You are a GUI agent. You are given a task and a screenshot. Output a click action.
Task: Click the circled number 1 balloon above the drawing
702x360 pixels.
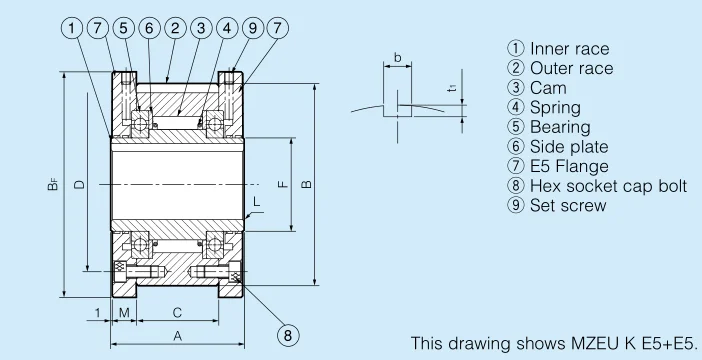[x=72, y=28]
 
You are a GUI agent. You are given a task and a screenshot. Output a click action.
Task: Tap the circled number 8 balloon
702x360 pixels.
[x=288, y=335]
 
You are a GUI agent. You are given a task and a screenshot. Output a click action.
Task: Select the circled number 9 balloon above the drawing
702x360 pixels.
[x=253, y=28]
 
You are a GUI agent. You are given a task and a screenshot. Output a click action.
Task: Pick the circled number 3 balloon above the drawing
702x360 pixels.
[x=201, y=28]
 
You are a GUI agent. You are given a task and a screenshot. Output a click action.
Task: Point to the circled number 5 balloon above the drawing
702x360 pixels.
[x=124, y=28]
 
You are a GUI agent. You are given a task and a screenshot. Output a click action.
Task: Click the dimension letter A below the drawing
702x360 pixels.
[x=178, y=336]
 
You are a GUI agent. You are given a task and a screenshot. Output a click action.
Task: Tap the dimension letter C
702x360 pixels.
[x=177, y=313]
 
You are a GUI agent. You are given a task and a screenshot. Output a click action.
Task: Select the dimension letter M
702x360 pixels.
[x=124, y=313]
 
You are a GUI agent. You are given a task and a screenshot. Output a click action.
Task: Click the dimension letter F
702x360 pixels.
[x=283, y=184]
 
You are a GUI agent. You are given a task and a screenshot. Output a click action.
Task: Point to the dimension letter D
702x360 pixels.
[x=79, y=184]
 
